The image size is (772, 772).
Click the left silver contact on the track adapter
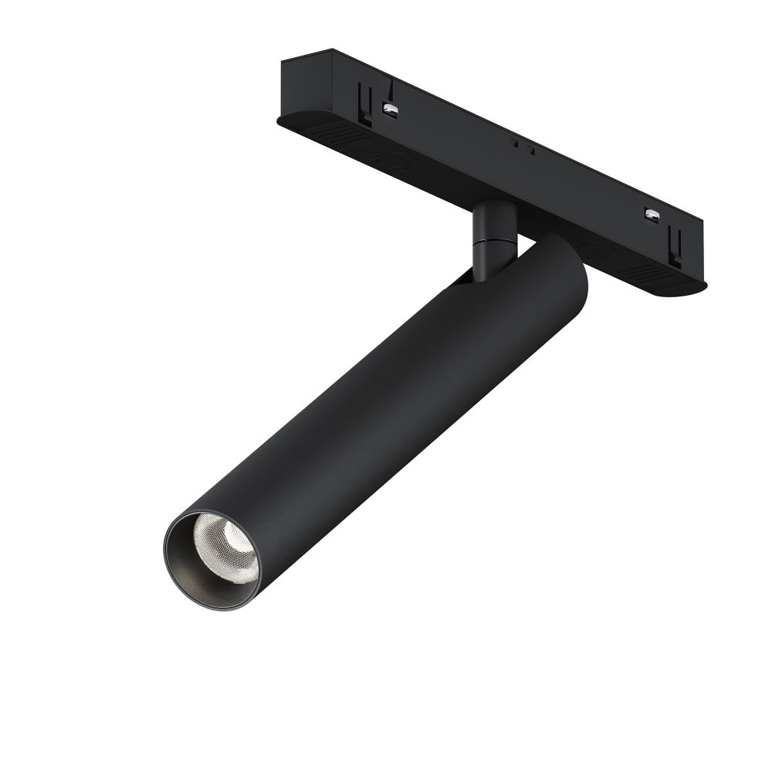(390, 109)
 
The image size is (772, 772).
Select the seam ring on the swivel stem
(490, 240)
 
